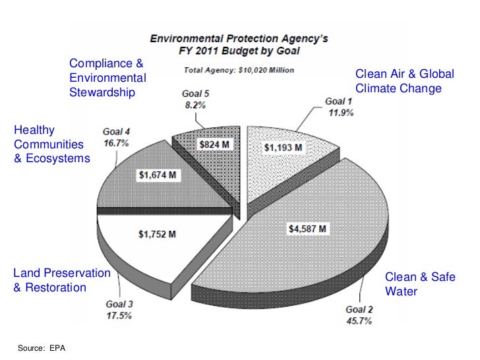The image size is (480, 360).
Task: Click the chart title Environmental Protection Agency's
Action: (239, 39)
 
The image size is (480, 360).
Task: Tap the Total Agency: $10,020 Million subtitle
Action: (239, 69)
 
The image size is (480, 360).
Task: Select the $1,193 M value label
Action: (284, 148)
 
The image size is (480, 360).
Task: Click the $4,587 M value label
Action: (308, 229)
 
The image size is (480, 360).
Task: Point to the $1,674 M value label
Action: (157, 175)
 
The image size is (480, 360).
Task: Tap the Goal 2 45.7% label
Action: (359, 315)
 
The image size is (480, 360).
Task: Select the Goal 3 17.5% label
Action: (119, 310)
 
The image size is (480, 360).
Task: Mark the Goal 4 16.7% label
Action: (115, 136)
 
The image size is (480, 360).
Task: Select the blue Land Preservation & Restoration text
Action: (61, 280)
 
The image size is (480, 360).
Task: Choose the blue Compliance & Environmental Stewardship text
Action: (107, 78)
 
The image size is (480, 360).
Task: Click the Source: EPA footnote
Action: (44, 347)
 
